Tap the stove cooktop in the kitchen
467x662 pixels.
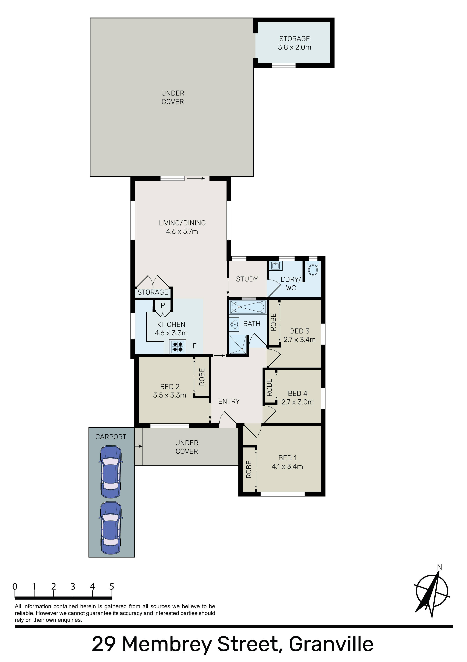(x=178, y=347)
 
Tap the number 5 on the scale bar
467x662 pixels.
(x=112, y=587)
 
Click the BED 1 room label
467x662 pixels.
(x=287, y=458)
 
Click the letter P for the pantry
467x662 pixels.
(x=163, y=305)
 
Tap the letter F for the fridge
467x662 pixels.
(x=195, y=346)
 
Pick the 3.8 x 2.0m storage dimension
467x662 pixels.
(x=295, y=47)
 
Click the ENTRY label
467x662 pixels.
(x=229, y=401)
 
